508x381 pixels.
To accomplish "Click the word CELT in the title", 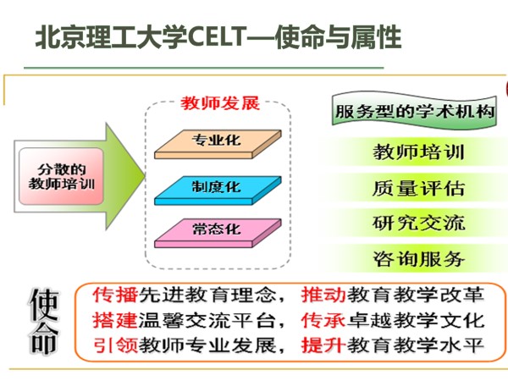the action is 217,36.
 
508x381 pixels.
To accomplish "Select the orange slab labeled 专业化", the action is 218,144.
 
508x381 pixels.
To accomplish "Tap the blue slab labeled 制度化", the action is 218,190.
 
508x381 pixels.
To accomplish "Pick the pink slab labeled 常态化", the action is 218,234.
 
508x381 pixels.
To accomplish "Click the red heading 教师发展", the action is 220,103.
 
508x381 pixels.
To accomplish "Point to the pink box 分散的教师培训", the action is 61,177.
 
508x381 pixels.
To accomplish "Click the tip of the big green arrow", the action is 145,175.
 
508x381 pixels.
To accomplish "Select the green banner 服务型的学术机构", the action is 414,111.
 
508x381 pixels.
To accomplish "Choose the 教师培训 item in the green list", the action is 418,152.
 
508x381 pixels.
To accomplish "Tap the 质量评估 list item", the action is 418,188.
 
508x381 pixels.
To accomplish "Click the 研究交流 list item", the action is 418,224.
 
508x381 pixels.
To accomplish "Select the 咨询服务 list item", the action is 418,259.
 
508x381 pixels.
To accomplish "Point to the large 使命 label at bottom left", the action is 44,322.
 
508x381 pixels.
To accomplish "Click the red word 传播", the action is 115,295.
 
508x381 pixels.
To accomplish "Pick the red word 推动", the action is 323,295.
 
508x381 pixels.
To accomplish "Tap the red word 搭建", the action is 115,320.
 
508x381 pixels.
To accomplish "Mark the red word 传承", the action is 323,320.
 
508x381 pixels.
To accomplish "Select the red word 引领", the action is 115,345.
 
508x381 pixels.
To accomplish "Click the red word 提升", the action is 323,345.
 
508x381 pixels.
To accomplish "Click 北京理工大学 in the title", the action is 111,36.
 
